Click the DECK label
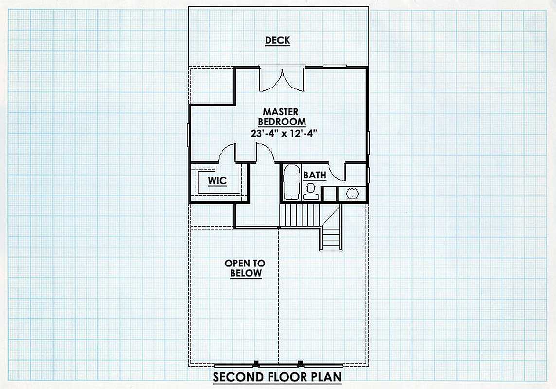[x=278, y=40]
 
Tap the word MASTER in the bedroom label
[x=281, y=112]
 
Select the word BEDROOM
[x=282, y=122]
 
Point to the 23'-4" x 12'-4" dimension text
[x=283, y=133]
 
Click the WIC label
[x=217, y=180]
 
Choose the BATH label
[x=315, y=175]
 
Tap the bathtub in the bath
[x=292, y=182]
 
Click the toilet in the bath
[x=311, y=192]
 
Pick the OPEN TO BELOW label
[x=245, y=268]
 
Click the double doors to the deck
[x=282, y=79]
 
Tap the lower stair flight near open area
[x=331, y=239]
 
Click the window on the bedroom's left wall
[x=188, y=134]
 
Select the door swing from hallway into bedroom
[x=264, y=153]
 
